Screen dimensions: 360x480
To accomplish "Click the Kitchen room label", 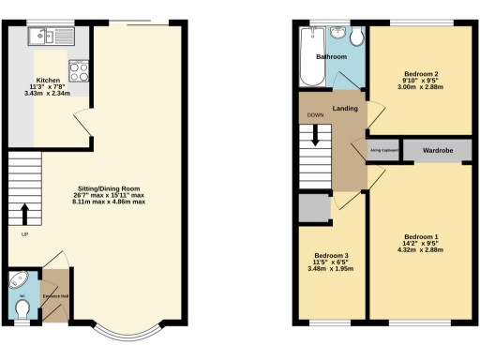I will point(48,81).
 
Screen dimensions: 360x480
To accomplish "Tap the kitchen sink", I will point(43,37).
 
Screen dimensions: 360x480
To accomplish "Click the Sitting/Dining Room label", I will point(111,188).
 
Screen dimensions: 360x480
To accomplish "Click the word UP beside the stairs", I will point(24,234).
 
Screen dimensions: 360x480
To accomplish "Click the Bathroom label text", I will point(331,57).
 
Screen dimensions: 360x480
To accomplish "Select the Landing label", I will point(346,109).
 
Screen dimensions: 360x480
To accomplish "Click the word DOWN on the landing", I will point(314,115).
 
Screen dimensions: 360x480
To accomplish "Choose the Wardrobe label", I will point(438,150).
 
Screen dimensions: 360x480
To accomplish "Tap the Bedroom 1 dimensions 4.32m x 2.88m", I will point(420,249).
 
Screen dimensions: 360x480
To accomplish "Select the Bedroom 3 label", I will point(331,256).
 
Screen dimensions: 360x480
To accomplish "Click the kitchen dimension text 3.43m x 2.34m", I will point(48,95).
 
